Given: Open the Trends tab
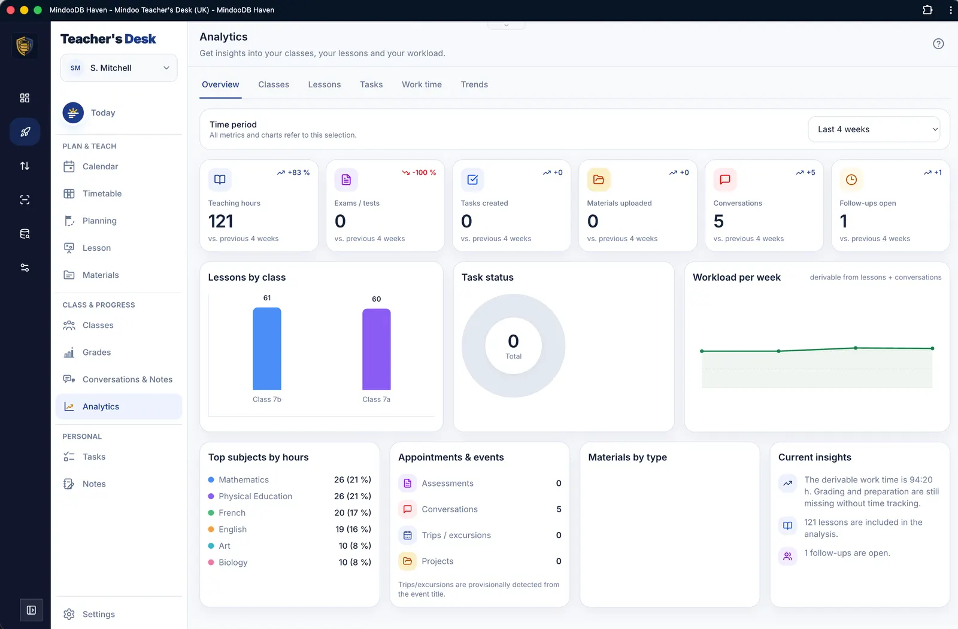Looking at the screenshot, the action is pos(474,84).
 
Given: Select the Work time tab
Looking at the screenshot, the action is pos(422,84).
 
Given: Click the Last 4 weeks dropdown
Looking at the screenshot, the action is pos(874,129).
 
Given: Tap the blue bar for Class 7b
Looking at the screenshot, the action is pos(267,348).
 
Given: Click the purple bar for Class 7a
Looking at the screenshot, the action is pos(377,349).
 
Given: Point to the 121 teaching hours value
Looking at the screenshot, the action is pos(221,221).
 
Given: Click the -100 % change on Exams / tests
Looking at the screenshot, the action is pos(419,172).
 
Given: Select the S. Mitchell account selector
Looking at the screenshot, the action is pos(119,68).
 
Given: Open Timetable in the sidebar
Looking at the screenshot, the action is pos(102,193).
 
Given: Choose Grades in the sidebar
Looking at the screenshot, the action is pos(96,352).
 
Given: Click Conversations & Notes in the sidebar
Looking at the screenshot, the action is pos(127,379).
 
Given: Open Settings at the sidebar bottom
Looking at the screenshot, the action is pos(98,614).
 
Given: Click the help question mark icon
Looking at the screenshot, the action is pos(938,44).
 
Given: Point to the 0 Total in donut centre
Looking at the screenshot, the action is pos(513,346).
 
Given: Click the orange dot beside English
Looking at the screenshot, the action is pos(211,529).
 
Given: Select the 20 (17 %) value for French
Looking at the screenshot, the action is pos(353,512).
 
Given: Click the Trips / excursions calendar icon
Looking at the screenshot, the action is pos(407,535).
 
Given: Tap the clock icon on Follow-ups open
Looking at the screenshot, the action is pos(851,180).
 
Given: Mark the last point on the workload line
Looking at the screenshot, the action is pos(932,348).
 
